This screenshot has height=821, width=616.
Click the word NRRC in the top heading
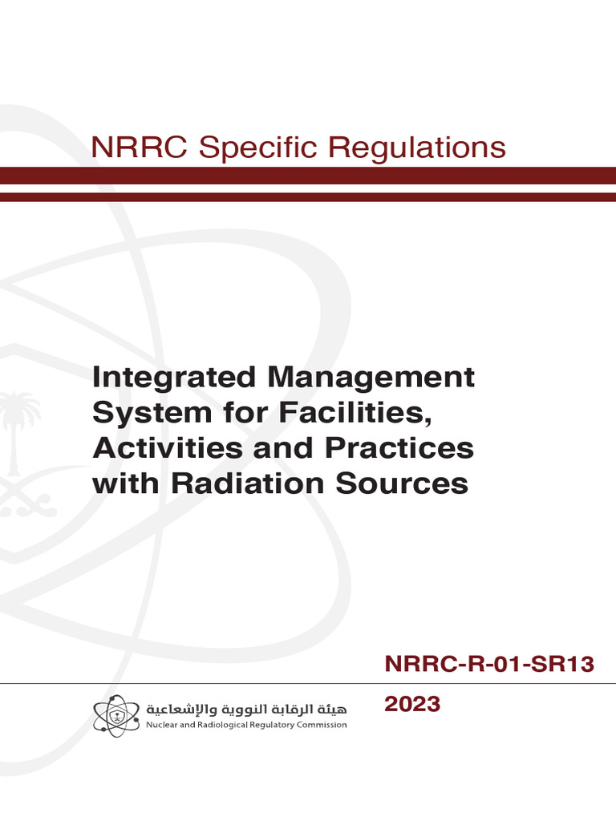(x=139, y=148)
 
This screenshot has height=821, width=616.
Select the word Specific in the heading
(x=257, y=148)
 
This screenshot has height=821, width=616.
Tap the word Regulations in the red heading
(x=417, y=148)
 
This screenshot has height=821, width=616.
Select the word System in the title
(x=152, y=413)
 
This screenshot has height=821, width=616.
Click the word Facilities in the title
(x=355, y=413)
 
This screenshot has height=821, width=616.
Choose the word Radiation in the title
(x=247, y=483)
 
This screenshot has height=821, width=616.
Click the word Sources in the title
(x=402, y=483)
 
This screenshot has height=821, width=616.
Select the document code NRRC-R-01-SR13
(x=489, y=664)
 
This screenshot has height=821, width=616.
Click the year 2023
(x=412, y=704)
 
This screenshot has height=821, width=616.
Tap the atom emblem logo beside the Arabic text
(x=116, y=715)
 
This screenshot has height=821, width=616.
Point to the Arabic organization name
(x=246, y=710)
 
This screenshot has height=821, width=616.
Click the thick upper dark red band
(x=308, y=176)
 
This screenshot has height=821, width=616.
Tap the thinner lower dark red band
(x=308, y=197)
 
